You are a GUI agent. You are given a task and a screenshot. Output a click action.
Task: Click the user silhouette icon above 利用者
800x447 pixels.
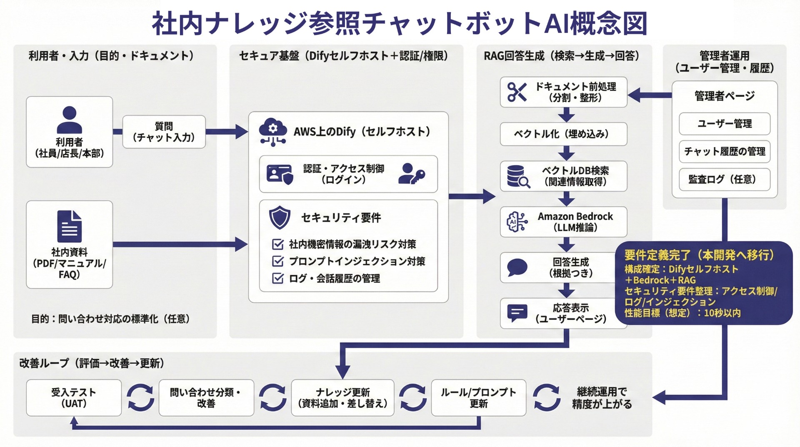pyautogui.click(x=69, y=119)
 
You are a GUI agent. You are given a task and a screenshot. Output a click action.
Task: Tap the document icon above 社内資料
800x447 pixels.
pyautogui.click(x=69, y=226)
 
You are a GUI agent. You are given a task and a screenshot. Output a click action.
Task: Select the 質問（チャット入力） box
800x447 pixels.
pyautogui.click(x=164, y=132)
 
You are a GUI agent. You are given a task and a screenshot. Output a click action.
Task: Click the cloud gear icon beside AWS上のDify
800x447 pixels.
pyautogui.click(x=273, y=132)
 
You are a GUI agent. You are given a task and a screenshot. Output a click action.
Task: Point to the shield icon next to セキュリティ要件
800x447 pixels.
pyautogui.click(x=280, y=217)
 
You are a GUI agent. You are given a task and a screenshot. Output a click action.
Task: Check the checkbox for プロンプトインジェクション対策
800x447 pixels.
pyautogui.click(x=277, y=261)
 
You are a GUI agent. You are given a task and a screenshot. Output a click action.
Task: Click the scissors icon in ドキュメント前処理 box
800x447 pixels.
pyautogui.click(x=517, y=92)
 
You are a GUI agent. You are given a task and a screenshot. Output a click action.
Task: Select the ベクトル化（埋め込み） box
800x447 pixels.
pyautogui.click(x=563, y=134)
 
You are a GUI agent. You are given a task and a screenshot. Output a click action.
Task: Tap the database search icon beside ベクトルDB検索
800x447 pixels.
pyautogui.click(x=518, y=176)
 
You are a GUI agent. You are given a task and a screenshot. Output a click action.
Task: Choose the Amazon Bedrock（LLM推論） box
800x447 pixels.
pyautogui.click(x=563, y=222)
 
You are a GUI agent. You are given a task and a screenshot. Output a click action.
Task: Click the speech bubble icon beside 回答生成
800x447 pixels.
pyautogui.click(x=517, y=267)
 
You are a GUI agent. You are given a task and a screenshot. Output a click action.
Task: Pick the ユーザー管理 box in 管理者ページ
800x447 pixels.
pyautogui.click(x=724, y=124)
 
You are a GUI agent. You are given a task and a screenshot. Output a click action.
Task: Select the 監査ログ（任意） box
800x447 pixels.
pyautogui.click(x=724, y=179)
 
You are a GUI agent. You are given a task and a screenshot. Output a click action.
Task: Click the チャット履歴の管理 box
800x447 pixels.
pyautogui.click(x=724, y=151)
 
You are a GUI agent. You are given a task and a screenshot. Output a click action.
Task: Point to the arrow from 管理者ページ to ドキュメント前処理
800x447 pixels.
pyautogui.click(x=649, y=95)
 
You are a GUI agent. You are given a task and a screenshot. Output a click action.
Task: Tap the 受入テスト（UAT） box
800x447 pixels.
pyautogui.click(x=74, y=398)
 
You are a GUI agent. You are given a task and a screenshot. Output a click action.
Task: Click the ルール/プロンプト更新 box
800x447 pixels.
pyautogui.click(x=478, y=398)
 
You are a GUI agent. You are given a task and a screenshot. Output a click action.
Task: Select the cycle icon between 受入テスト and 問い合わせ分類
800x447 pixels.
pyautogui.click(x=140, y=398)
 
